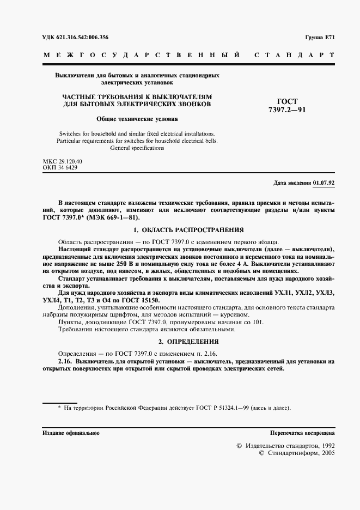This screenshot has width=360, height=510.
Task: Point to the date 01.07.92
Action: coord(324,183)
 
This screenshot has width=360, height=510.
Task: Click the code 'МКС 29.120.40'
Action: coord(62,162)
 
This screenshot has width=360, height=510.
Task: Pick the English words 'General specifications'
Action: coord(137,148)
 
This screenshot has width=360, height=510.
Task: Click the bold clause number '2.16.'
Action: coord(66,361)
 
